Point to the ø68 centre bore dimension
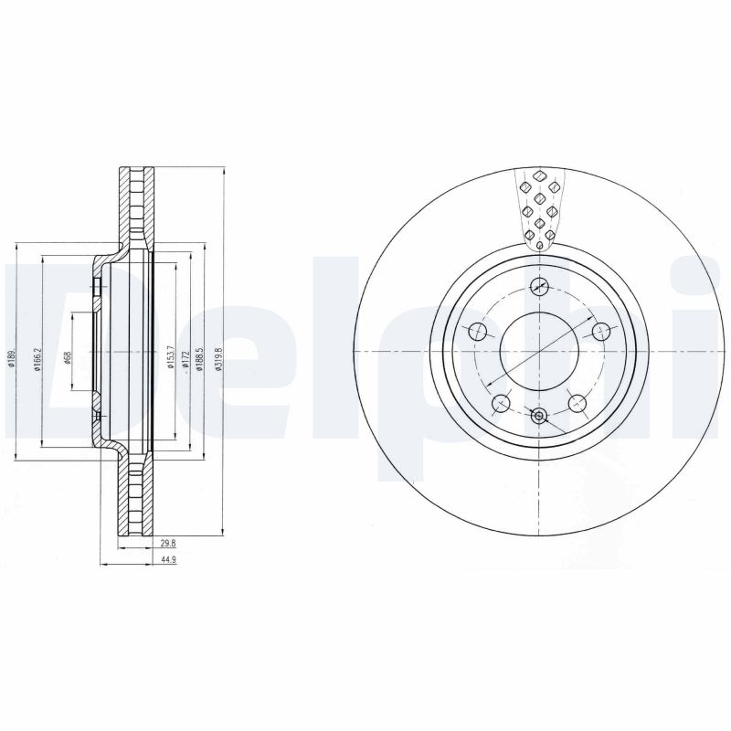tap(68, 356)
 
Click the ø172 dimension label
tap(185, 358)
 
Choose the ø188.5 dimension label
tap(200, 356)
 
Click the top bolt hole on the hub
tap(539, 284)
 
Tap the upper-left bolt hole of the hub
tap(476, 331)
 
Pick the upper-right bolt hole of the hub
tap(601, 331)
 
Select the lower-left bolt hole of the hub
tap(500, 402)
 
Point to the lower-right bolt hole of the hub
tap(577, 402)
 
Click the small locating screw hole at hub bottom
tap(539, 418)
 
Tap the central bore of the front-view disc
tap(539, 352)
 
